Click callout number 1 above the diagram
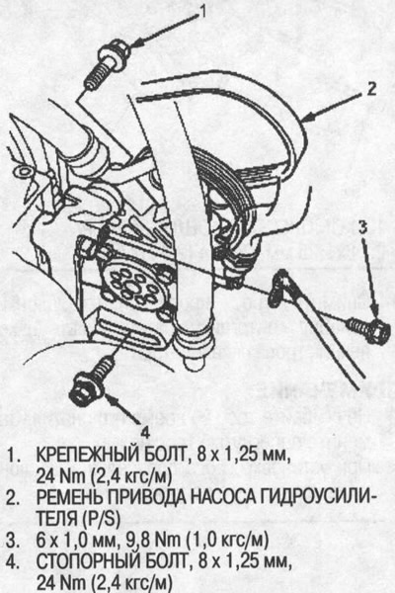203,12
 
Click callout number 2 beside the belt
372,89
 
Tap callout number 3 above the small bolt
362,227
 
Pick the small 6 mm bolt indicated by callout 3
367,330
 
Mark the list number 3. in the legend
13,541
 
